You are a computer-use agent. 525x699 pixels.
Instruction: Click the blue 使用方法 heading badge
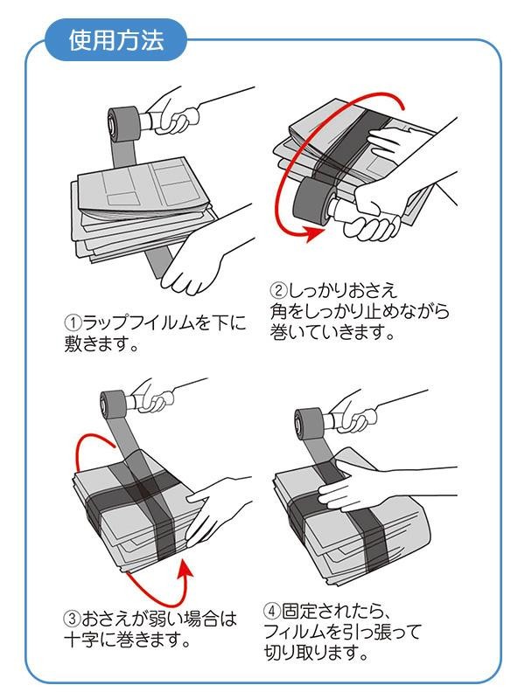pyautogui.click(x=115, y=40)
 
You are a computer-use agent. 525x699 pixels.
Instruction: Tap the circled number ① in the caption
pyautogui.click(x=73, y=322)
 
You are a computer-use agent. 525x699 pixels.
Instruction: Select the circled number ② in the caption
pyautogui.click(x=277, y=291)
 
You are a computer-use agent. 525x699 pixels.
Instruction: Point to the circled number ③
pyautogui.click(x=73, y=619)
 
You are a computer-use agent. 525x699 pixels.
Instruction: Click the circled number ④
pyautogui.click(x=272, y=611)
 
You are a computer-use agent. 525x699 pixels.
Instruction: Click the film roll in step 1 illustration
pyautogui.click(x=122, y=124)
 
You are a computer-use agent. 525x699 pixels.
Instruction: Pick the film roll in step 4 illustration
pyautogui.click(x=309, y=423)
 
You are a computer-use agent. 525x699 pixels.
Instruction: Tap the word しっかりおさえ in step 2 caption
pyautogui.click(x=342, y=291)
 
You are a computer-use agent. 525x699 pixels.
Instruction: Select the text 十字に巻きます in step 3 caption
pyautogui.click(x=122, y=640)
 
